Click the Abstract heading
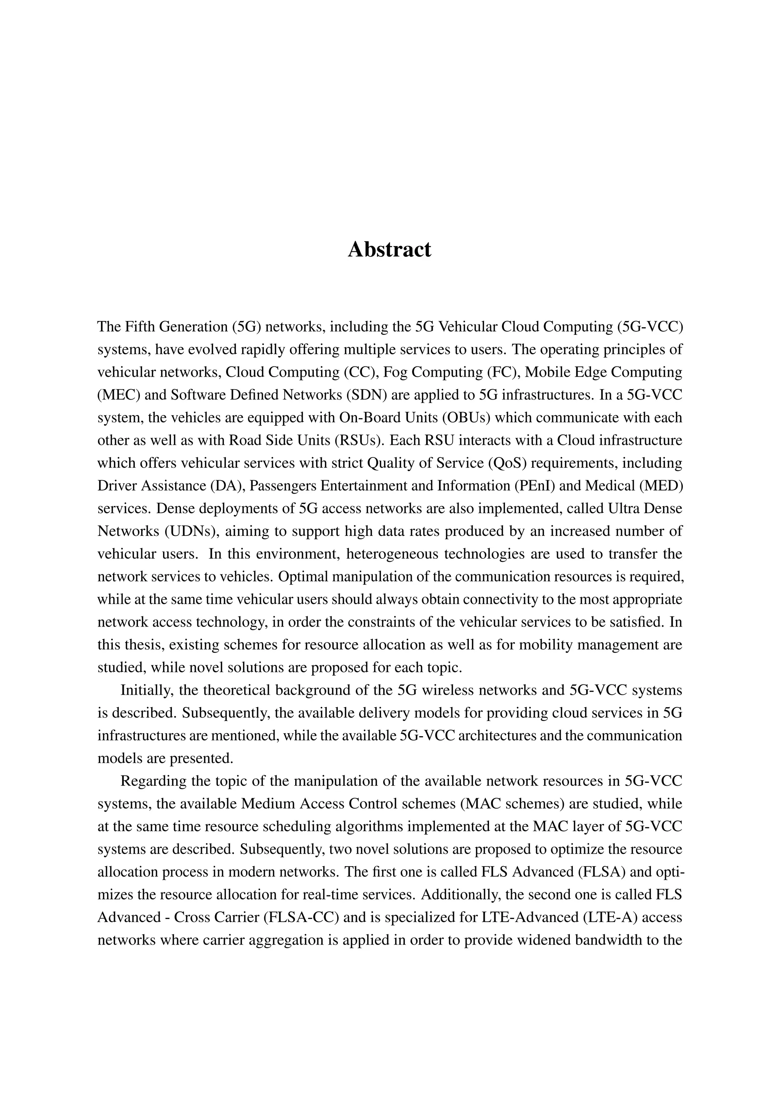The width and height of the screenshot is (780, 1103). click(390, 249)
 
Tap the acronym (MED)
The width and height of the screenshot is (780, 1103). click(660, 486)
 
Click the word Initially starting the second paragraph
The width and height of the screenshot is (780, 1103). click(147, 691)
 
